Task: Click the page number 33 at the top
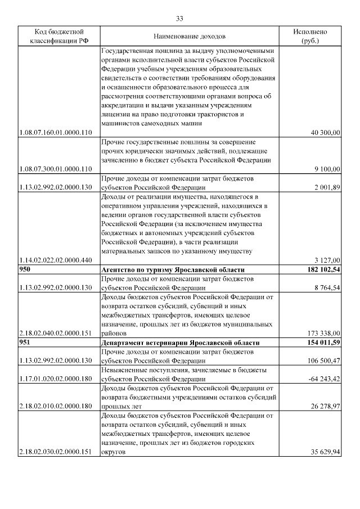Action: click(180, 19)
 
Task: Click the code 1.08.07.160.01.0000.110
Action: click(56, 132)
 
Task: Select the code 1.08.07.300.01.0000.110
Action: click(56, 169)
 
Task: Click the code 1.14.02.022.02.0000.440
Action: click(56, 260)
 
